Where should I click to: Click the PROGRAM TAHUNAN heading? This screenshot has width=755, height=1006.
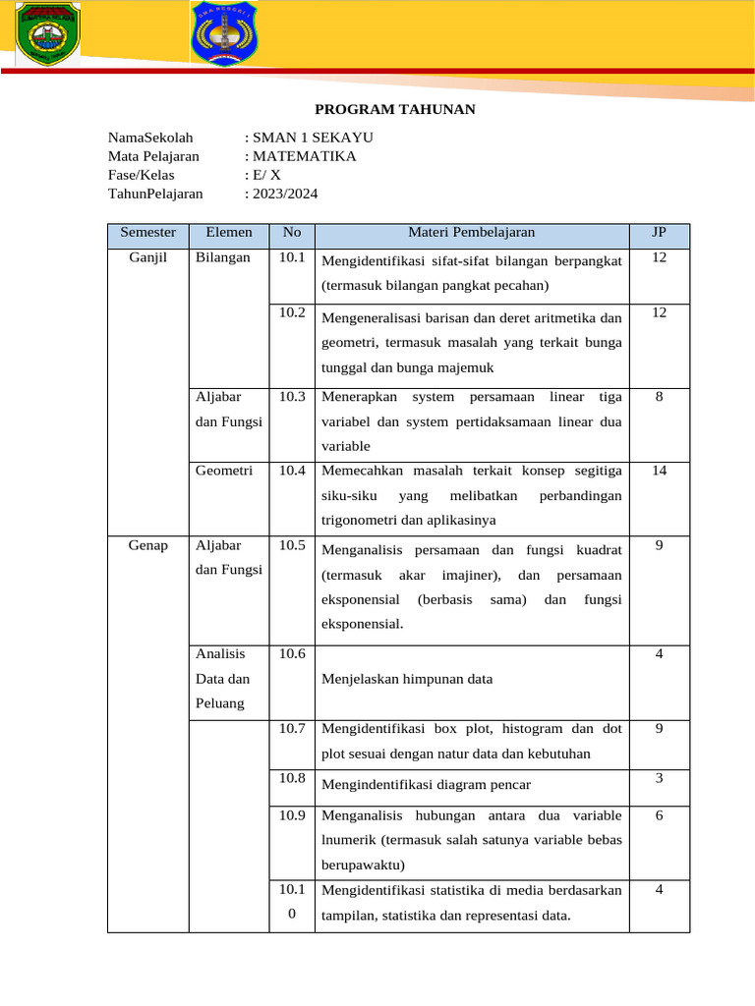(x=394, y=109)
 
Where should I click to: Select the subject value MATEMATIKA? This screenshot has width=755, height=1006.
(x=304, y=156)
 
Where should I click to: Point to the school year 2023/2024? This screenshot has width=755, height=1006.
(x=285, y=194)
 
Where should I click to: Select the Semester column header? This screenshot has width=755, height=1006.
(x=147, y=233)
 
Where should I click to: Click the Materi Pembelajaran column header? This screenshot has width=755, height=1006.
(x=471, y=233)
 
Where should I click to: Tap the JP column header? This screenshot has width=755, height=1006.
(x=659, y=233)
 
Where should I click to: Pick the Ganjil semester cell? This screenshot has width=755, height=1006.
(x=147, y=257)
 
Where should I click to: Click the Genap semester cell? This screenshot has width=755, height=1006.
(x=147, y=544)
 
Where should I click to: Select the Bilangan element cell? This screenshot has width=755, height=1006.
(x=223, y=257)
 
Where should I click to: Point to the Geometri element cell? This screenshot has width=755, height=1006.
(x=224, y=471)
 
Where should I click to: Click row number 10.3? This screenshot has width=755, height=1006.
(x=292, y=397)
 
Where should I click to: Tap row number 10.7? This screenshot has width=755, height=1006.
(x=292, y=729)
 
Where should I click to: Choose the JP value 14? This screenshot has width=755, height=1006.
(x=659, y=471)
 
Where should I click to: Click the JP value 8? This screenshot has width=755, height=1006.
(x=659, y=397)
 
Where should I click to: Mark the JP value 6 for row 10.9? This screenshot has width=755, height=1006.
(x=659, y=815)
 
